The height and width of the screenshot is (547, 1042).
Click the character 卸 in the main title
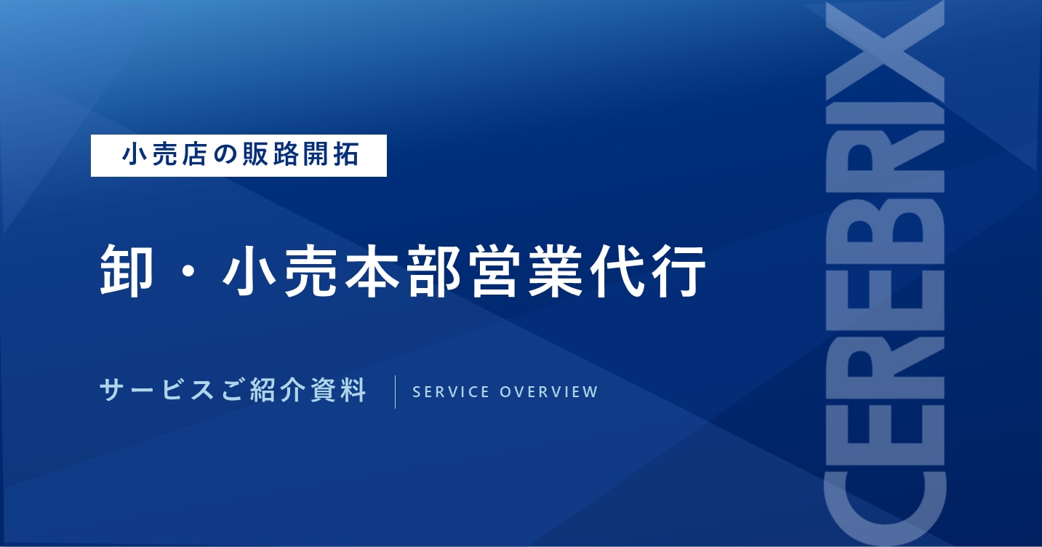[127, 271]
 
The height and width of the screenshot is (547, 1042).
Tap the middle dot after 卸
[188, 271]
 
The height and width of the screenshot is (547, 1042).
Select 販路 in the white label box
[270, 155]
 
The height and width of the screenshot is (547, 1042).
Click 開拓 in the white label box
[331, 155]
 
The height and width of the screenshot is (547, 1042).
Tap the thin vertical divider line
[395, 391]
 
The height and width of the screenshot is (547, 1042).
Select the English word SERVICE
[451, 392]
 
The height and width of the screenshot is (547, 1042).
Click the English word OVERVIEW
[549, 392]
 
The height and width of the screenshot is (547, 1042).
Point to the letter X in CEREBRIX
[885, 52]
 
